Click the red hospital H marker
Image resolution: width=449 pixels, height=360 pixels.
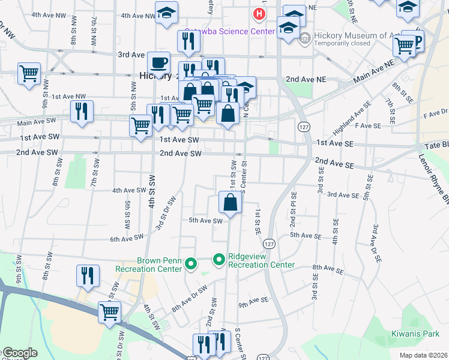259,13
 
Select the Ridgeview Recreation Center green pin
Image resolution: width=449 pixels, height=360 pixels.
219,260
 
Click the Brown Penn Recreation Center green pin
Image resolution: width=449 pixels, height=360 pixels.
191,263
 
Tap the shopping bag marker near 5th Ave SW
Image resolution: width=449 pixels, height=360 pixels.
231,203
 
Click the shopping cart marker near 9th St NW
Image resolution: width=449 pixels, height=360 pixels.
29,73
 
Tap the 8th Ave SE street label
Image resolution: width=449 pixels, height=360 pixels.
327,270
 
